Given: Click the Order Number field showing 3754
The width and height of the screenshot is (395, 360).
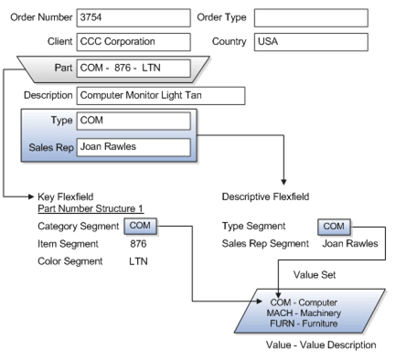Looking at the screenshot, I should pos(132,17).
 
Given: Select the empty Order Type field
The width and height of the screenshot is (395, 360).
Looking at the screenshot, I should pos(311,17).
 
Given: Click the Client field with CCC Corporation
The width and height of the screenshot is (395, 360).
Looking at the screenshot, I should pos(132,41).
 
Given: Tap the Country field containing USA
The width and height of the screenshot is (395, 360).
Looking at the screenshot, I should pos(311,41).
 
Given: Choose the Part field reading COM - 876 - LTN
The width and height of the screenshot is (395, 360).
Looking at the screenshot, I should pos(133,66).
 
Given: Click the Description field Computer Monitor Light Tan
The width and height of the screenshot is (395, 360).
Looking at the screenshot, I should pos(161,95).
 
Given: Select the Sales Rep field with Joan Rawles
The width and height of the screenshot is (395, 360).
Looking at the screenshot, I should pos(133,146).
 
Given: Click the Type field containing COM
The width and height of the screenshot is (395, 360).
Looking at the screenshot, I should pos(133,121).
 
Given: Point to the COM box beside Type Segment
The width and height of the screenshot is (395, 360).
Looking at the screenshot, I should pos(333,225).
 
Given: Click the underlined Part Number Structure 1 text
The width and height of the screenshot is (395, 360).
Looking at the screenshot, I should pos(90,209).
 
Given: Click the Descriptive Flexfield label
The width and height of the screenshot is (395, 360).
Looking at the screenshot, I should pos(266,196).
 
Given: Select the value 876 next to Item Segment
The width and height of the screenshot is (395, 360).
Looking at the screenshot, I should pos(138,243).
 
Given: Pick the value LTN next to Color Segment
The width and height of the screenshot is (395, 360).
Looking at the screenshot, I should pos(138,261).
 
